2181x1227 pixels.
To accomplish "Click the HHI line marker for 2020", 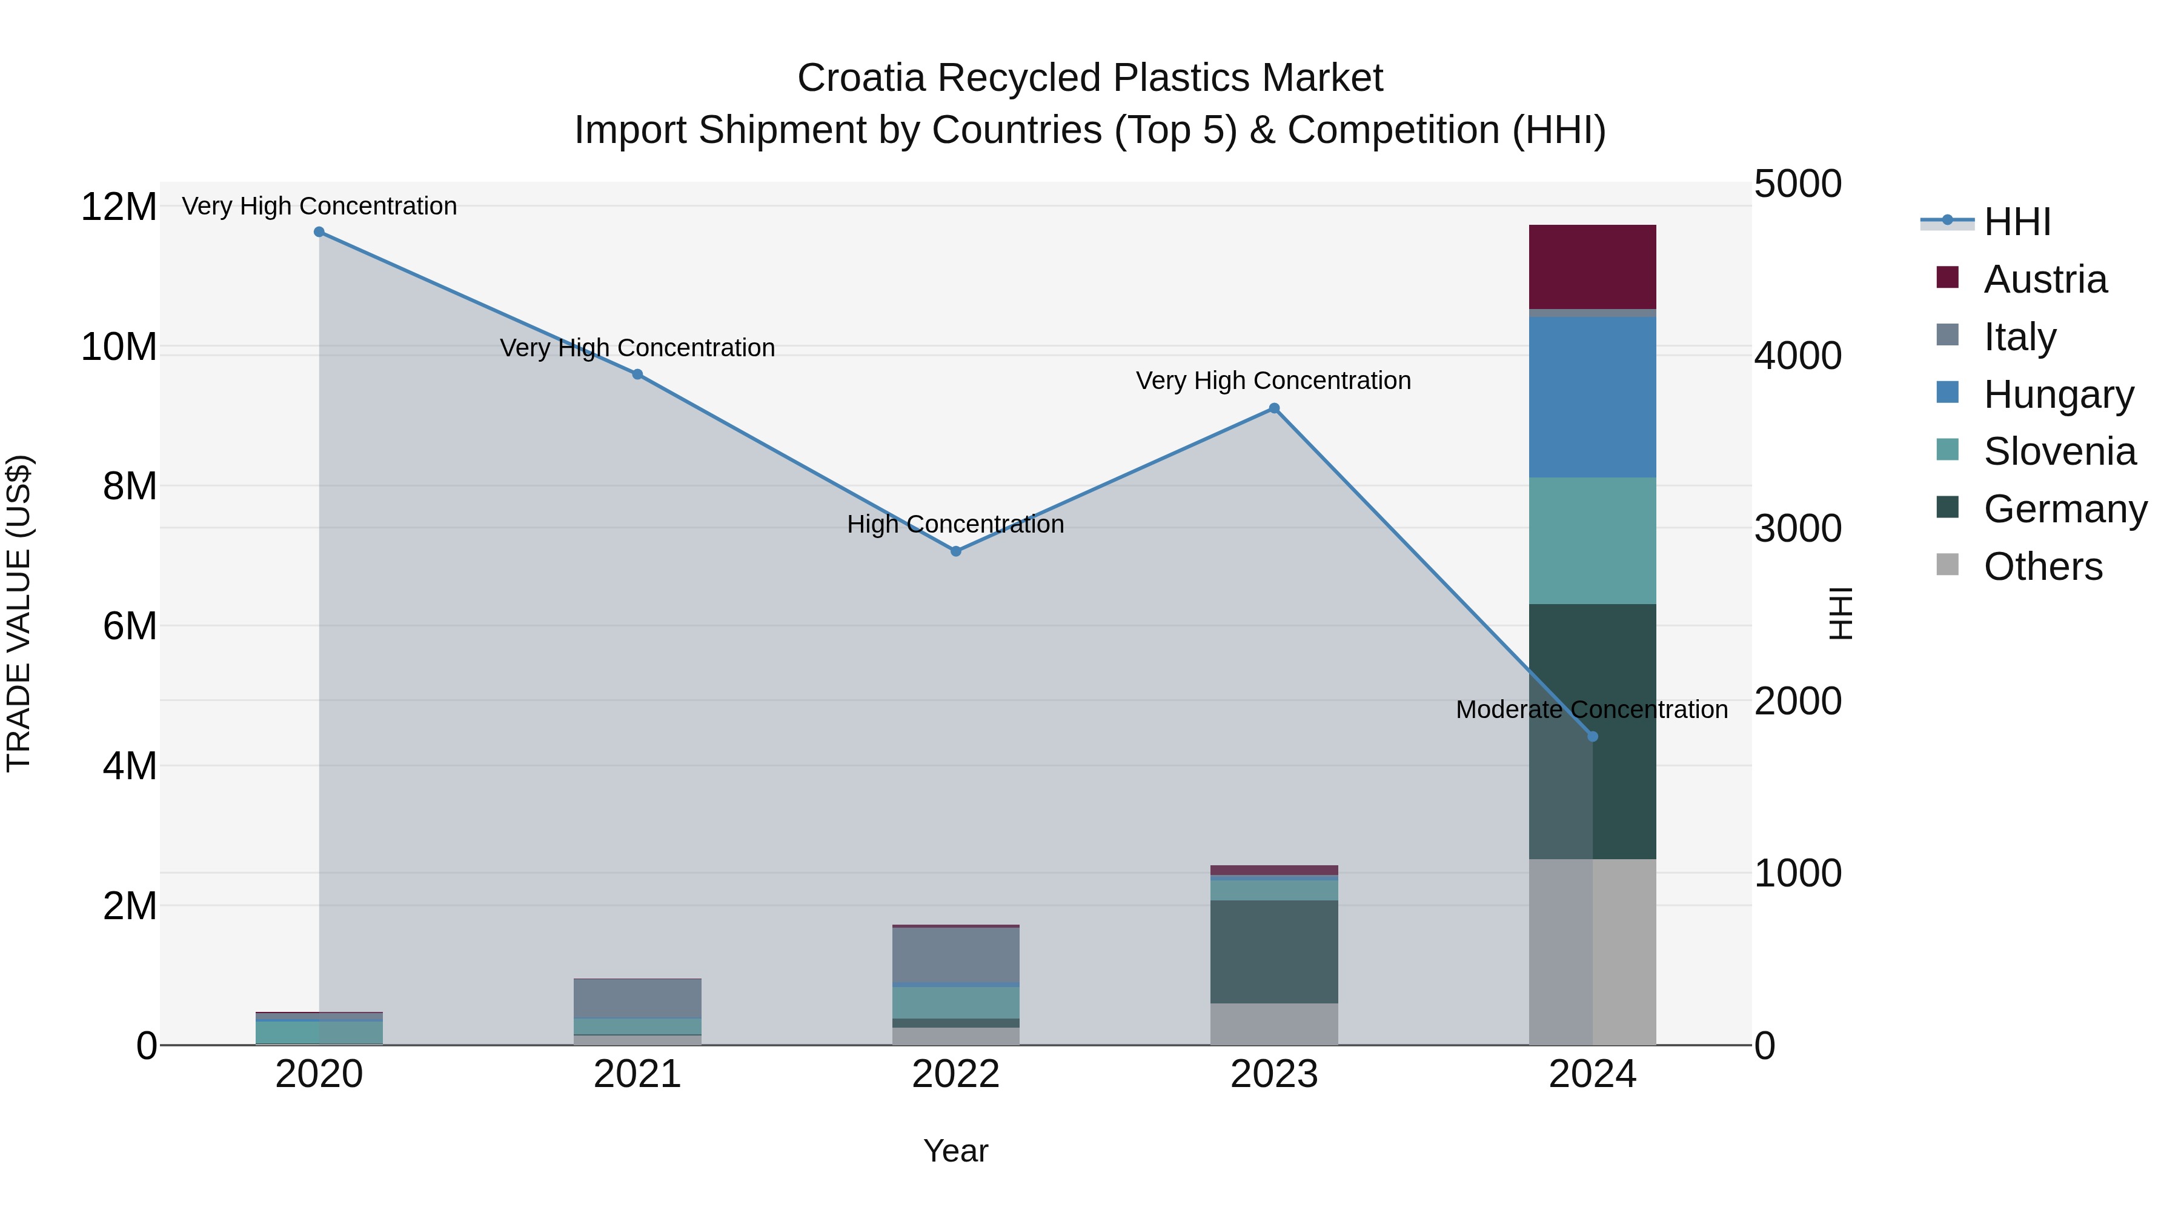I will tap(319, 232).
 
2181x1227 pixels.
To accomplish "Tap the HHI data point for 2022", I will tap(956, 551).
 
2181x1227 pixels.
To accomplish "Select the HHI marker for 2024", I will tap(1593, 737).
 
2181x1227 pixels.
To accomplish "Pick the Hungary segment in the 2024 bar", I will tap(1593, 397).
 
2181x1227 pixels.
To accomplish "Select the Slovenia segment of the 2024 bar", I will tap(1593, 540).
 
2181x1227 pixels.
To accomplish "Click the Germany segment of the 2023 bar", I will tap(1274, 952).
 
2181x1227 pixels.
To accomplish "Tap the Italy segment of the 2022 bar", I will tap(956, 955).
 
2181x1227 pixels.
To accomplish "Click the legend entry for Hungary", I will tap(2057, 394).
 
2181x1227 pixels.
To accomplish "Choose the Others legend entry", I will tap(2042, 567).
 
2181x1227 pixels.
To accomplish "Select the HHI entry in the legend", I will tap(2017, 222).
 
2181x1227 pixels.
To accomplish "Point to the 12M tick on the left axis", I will tap(119, 207).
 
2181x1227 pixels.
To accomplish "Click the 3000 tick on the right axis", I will tap(1798, 528).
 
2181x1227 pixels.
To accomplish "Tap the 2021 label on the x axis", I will tap(637, 1074).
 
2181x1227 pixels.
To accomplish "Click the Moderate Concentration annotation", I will tap(1592, 710).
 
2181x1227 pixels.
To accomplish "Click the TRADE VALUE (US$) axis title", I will tap(19, 613).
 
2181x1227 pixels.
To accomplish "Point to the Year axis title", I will tap(956, 1151).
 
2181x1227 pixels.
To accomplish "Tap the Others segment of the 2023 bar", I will tap(1274, 1024).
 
